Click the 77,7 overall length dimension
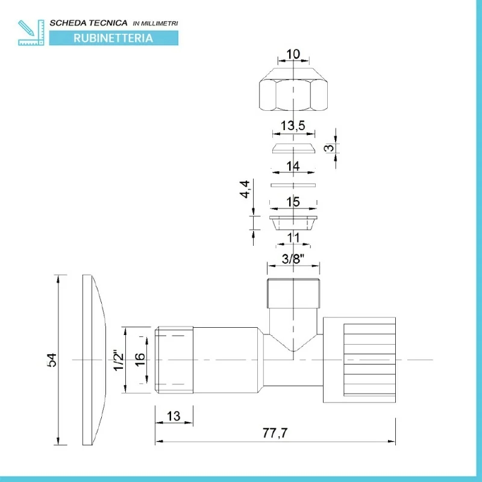pyautogui.click(x=275, y=433)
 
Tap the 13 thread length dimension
pyautogui.click(x=174, y=416)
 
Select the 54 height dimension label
pyautogui.click(x=52, y=360)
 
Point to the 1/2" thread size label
pyautogui.click(x=119, y=360)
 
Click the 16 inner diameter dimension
pyautogui.click(x=140, y=359)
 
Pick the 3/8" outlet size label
pyautogui.click(x=293, y=259)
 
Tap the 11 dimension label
pyautogui.click(x=293, y=237)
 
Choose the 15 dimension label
pyautogui.click(x=293, y=202)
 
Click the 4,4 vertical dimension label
pyautogui.click(x=245, y=189)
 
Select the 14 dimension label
pyautogui.click(x=293, y=166)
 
